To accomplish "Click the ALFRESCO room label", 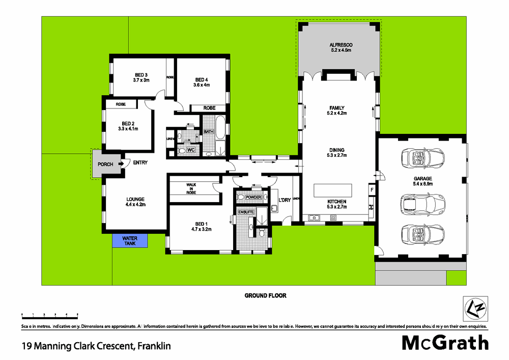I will click(x=341, y=45).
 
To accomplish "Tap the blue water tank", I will click(x=130, y=240).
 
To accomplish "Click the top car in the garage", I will click(x=422, y=158).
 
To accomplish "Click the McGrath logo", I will click(x=445, y=343).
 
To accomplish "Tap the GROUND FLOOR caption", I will click(x=265, y=295).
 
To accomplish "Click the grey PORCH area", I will click(x=105, y=164).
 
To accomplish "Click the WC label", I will click(x=191, y=150).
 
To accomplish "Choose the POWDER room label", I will click(x=253, y=197).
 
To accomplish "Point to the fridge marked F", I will click(x=372, y=190).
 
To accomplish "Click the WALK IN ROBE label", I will click(x=191, y=188).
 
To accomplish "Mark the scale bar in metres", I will click(x=49, y=316).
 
